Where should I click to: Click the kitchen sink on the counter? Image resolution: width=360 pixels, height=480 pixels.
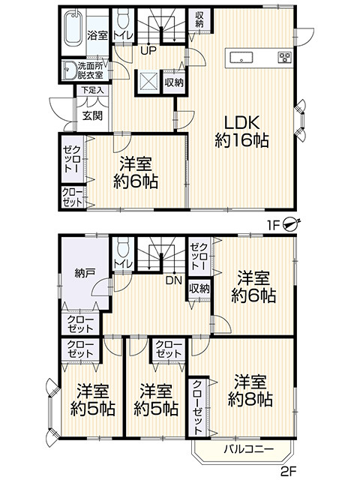tap(241, 58)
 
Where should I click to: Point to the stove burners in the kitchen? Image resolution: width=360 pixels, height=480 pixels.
tap(285, 57)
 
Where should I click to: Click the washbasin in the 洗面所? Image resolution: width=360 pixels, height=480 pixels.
tap(69, 70)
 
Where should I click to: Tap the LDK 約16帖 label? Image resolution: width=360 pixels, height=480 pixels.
tap(241, 132)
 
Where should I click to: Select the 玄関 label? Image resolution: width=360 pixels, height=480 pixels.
tap(92, 116)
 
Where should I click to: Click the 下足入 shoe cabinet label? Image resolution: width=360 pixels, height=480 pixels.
tap(92, 90)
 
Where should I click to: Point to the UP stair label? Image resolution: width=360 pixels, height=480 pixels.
tap(148, 50)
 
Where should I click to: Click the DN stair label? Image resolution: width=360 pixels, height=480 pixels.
tap(174, 280)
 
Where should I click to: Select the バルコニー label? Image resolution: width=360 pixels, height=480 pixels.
tap(248, 449)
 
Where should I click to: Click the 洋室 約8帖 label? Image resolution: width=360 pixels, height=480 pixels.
tap(250, 391)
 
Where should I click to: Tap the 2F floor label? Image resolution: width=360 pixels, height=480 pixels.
tap(288, 470)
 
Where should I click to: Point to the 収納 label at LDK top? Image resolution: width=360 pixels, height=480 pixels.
tap(199, 19)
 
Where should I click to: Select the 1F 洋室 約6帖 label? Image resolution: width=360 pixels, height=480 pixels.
tap(136, 172)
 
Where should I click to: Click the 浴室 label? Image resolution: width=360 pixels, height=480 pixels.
tap(97, 35)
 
